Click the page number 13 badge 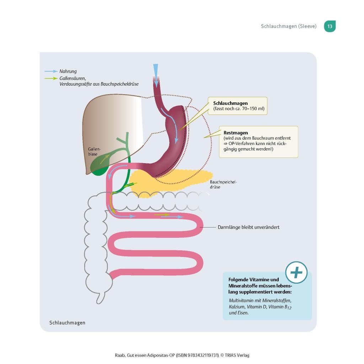(330, 26)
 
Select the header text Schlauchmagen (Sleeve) (288, 26)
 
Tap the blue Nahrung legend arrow (50, 71)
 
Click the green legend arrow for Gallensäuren (50, 79)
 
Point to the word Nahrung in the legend (68, 71)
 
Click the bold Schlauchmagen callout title (230, 103)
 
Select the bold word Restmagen (236, 133)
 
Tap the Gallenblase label (94, 152)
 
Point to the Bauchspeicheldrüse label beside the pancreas (223, 184)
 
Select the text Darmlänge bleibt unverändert (248, 227)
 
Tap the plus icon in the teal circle (296, 273)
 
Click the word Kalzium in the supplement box (237, 306)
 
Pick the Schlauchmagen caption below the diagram (67, 323)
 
